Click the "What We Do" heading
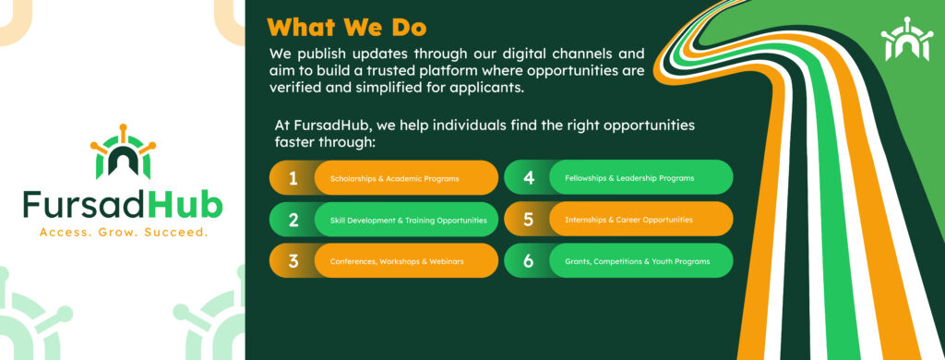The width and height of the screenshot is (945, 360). point(347,27)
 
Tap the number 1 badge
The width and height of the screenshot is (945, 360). point(293,178)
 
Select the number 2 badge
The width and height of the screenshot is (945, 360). point(293,220)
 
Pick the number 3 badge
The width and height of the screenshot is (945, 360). point(293,262)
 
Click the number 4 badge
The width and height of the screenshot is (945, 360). point(529,178)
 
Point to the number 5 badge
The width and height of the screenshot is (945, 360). point(529,220)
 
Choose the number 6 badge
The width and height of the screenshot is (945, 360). point(529,262)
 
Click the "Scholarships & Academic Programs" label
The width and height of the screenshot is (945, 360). point(395,179)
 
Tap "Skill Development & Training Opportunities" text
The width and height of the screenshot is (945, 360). point(409,221)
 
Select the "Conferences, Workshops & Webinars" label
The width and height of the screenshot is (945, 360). point(397,262)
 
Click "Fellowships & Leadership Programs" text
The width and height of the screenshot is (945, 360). point(629,178)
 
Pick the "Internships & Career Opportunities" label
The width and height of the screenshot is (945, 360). point(628,220)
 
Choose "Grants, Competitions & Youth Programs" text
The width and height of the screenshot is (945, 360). point(637,262)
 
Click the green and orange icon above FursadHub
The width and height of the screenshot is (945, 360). point(123,152)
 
